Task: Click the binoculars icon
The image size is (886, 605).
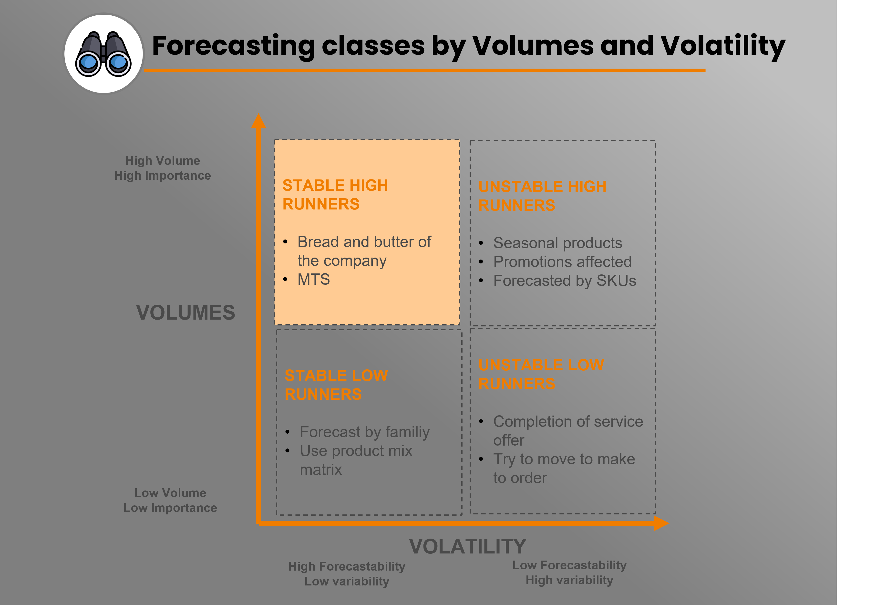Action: click(103, 54)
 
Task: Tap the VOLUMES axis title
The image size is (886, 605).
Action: click(186, 313)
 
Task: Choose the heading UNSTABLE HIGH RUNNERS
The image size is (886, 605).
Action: click(543, 196)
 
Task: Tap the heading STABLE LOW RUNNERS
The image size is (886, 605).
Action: click(336, 385)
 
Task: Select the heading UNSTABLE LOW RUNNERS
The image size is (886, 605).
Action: click(541, 374)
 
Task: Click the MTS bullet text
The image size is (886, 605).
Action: click(313, 279)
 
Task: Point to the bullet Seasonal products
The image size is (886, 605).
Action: click(558, 243)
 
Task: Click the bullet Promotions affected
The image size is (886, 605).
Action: click(562, 262)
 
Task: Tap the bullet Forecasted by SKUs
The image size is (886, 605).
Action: click(565, 281)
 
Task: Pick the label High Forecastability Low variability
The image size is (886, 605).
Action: click(347, 574)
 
